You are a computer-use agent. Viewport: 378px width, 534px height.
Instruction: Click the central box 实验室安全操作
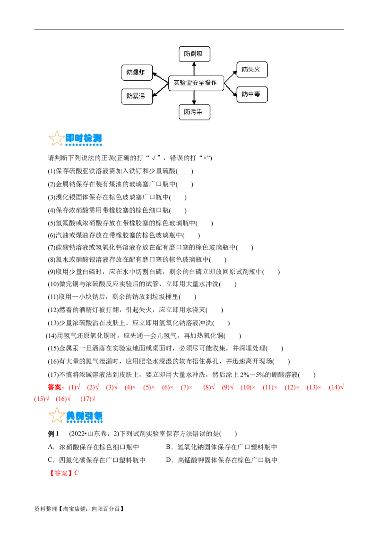(195, 83)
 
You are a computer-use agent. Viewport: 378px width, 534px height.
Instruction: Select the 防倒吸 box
(194, 54)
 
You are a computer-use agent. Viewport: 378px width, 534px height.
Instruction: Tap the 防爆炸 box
(136, 73)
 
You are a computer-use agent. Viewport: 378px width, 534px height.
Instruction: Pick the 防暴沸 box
(136, 96)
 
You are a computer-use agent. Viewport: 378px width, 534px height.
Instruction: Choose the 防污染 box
(194, 112)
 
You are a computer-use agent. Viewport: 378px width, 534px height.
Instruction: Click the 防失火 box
(252, 70)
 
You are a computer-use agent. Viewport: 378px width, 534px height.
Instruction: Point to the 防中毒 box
(252, 94)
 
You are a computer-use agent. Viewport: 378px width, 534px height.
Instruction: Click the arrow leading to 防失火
(230, 76)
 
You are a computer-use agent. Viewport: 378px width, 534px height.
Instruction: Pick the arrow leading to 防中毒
(230, 90)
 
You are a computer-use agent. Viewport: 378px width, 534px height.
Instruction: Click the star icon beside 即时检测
(56, 139)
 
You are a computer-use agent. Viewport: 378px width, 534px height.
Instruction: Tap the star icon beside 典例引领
(56, 416)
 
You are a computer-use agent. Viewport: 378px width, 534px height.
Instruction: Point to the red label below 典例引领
(60, 473)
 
